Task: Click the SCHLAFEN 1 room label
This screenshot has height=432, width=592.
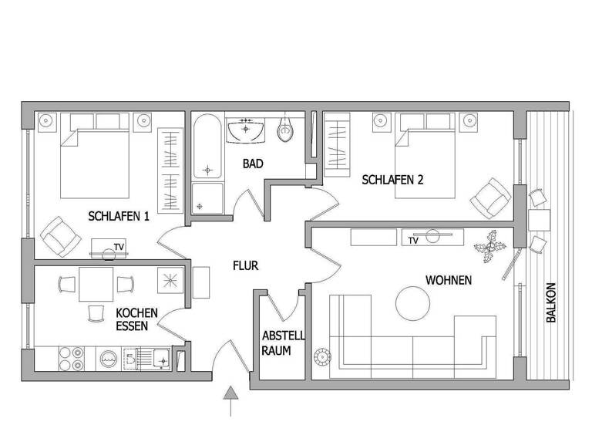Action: [119, 216]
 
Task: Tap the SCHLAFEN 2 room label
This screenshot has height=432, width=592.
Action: [393, 180]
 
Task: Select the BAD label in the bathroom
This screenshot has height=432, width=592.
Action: [252, 164]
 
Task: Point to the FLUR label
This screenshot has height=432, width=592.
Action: [246, 266]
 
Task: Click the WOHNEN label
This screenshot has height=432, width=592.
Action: [448, 279]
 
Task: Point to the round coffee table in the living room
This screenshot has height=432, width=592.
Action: [414, 304]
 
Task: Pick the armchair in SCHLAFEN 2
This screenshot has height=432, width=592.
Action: [489, 197]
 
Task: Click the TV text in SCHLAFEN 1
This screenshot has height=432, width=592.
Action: [118, 247]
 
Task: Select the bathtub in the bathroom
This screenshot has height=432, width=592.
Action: [207, 147]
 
